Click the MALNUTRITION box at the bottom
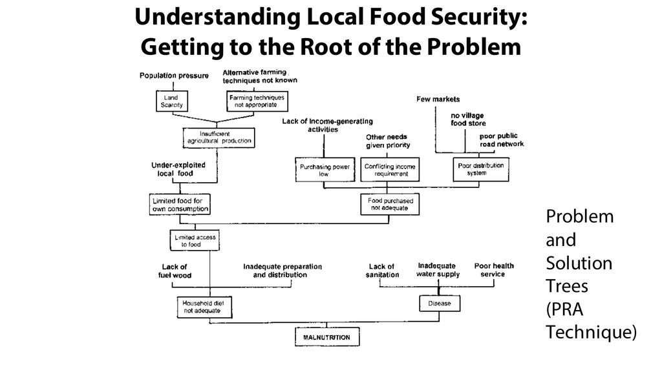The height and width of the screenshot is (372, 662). click(x=326, y=338)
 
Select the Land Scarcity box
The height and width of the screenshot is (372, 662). click(x=173, y=101)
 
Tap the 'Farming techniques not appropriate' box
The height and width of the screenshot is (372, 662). click(x=257, y=101)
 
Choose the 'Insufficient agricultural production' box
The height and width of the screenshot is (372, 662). click(x=219, y=137)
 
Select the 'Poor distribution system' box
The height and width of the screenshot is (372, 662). click(x=480, y=169)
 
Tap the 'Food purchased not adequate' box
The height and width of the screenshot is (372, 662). click(x=390, y=205)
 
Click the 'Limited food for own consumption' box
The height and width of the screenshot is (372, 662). click(x=179, y=205)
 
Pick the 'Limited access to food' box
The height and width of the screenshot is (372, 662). click(x=195, y=241)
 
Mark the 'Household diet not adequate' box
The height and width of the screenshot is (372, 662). click(x=202, y=306)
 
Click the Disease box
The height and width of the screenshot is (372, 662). click(x=440, y=303)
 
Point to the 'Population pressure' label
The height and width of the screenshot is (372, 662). click(x=174, y=76)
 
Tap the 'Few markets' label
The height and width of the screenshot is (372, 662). click(x=438, y=99)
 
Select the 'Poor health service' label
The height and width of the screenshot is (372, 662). click(x=494, y=270)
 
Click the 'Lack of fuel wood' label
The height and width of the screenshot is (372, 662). click(x=175, y=271)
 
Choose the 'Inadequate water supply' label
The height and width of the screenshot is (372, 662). click(x=439, y=270)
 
